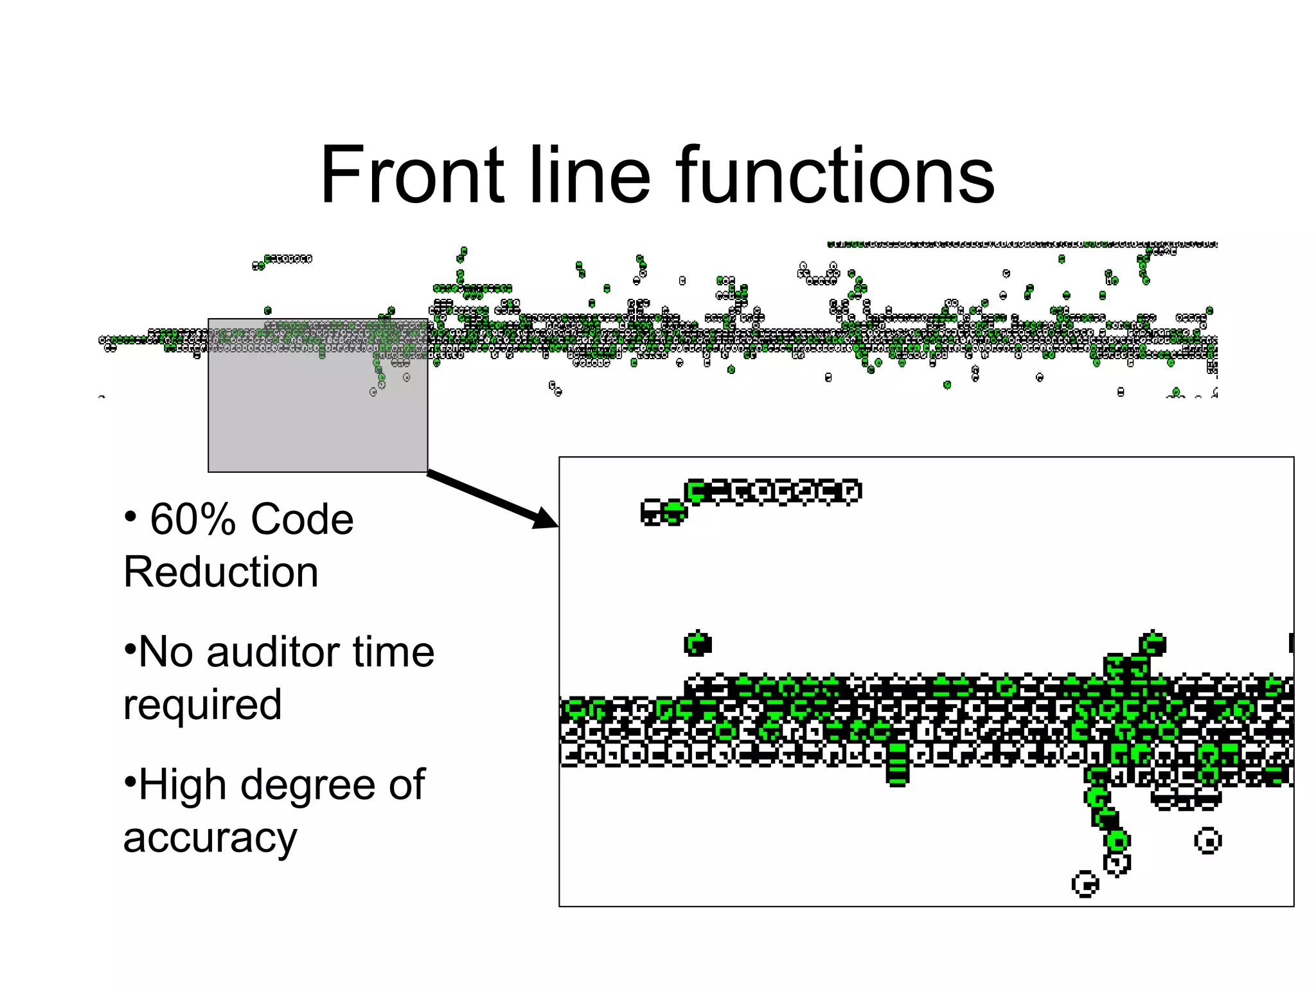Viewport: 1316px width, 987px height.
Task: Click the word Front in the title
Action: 411,175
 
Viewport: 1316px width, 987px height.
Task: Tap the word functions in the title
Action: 835,175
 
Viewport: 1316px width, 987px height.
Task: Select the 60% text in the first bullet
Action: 193,519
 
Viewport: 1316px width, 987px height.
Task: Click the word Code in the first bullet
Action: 302,519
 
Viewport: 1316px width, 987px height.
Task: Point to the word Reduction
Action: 221,572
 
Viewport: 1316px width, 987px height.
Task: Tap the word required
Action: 202,706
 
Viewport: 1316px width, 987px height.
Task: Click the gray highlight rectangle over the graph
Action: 317,418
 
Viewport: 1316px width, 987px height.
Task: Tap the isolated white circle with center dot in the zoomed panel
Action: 1207,841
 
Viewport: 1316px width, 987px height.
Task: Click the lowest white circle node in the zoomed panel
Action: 1085,885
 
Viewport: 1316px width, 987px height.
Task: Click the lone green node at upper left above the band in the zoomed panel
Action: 698,643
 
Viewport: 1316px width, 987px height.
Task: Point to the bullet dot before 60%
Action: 130,517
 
